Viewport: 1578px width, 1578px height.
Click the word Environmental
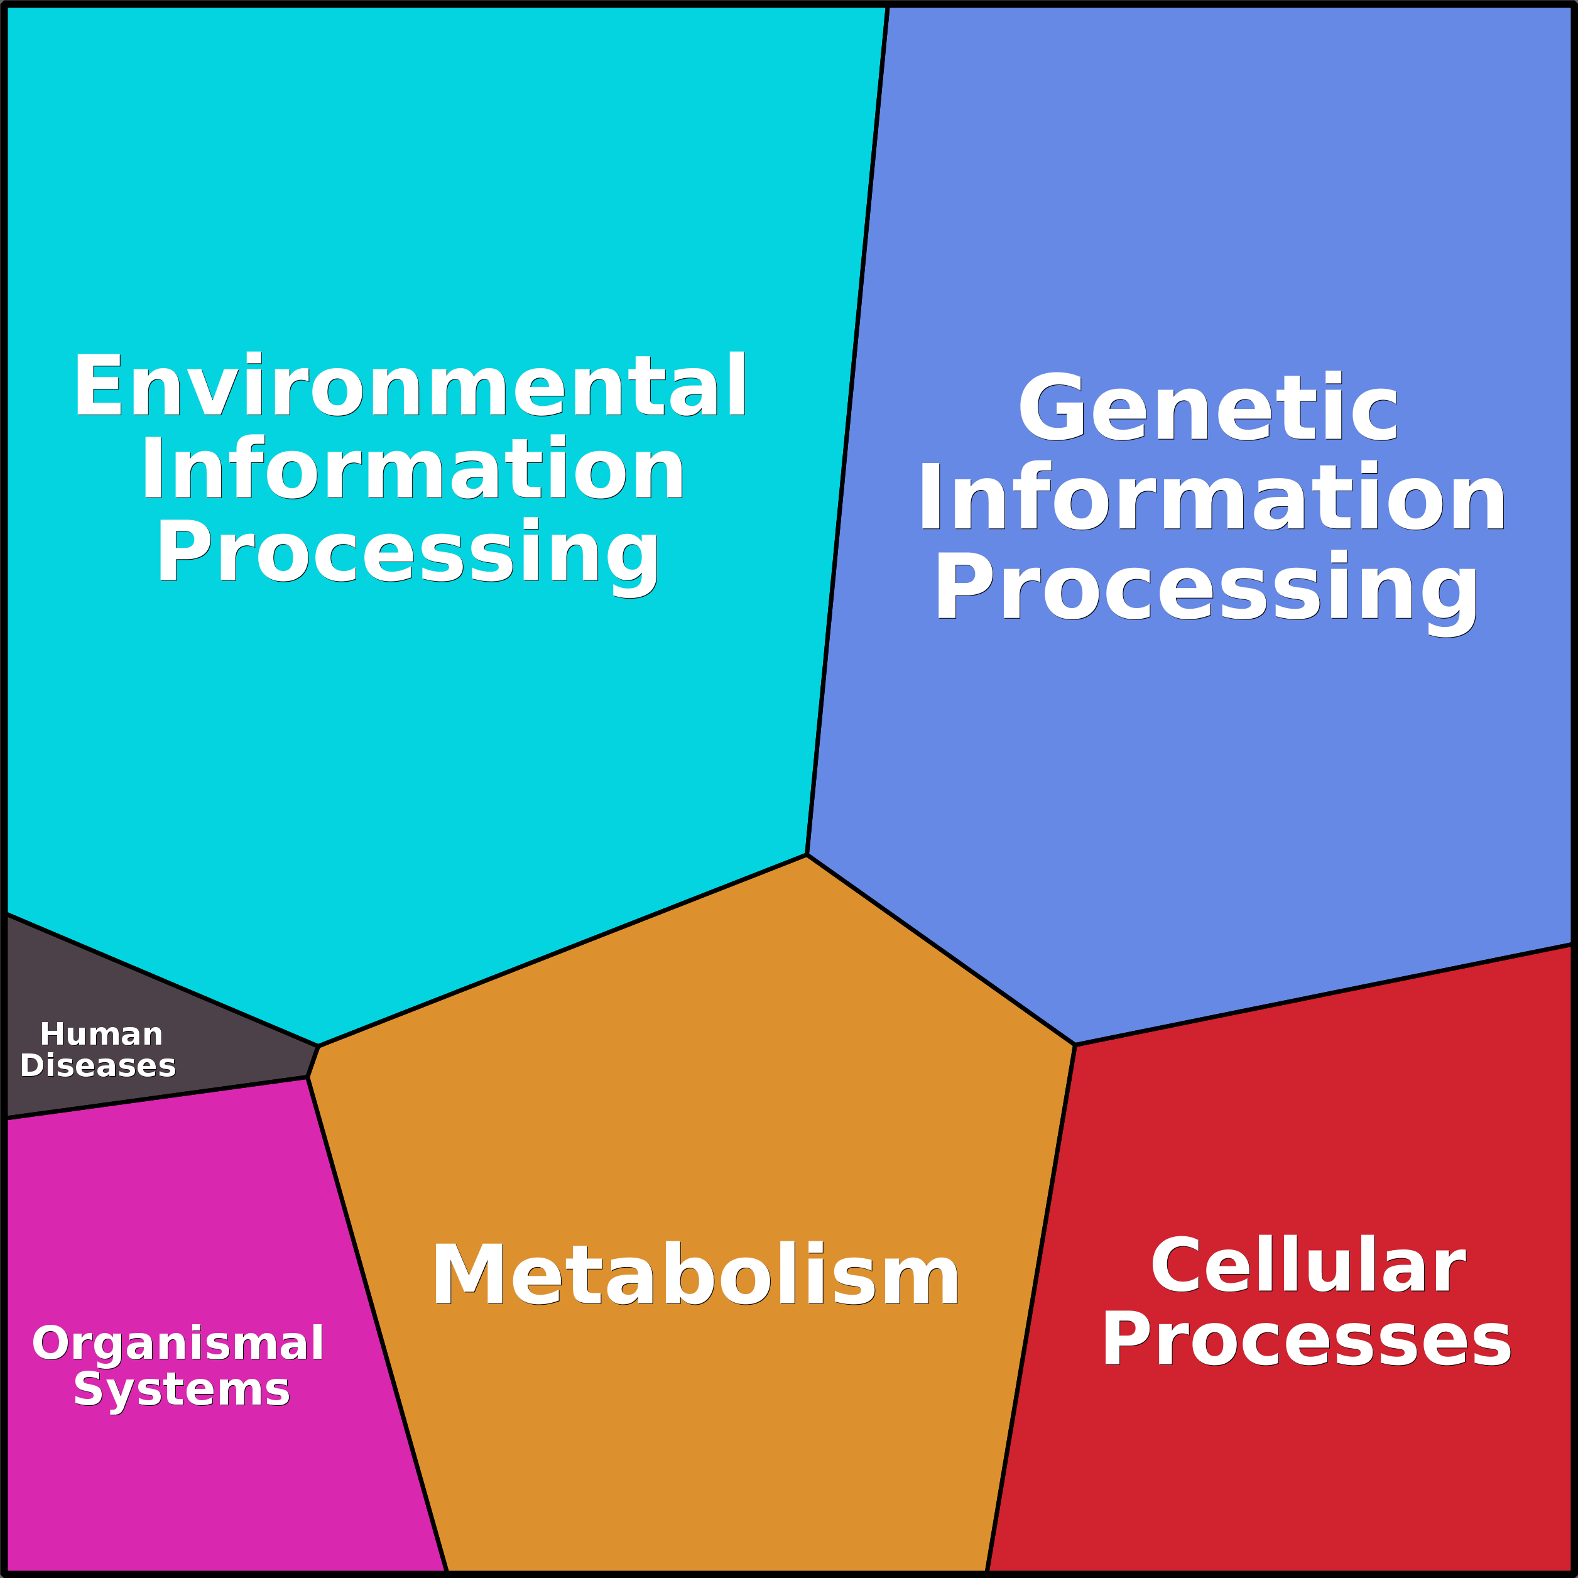click(410, 386)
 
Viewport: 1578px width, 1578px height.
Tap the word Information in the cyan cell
click(413, 470)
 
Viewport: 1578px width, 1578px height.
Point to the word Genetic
click(1207, 408)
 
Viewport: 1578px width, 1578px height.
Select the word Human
click(101, 1034)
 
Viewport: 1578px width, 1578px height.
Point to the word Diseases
click(98, 1066)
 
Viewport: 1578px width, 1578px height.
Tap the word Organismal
click(178, 1344)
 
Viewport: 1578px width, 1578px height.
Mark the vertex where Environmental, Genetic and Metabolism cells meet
click(807, 854)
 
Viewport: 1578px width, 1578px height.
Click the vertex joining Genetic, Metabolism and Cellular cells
click(1074, 1045)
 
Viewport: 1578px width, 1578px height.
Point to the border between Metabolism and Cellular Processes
click(1031, 1307)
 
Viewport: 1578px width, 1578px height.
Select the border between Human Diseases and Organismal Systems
click(155, 1099)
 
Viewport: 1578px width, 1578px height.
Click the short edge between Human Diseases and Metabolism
click(313, 1062)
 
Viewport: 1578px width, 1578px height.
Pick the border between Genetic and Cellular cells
click(1323, 995)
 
